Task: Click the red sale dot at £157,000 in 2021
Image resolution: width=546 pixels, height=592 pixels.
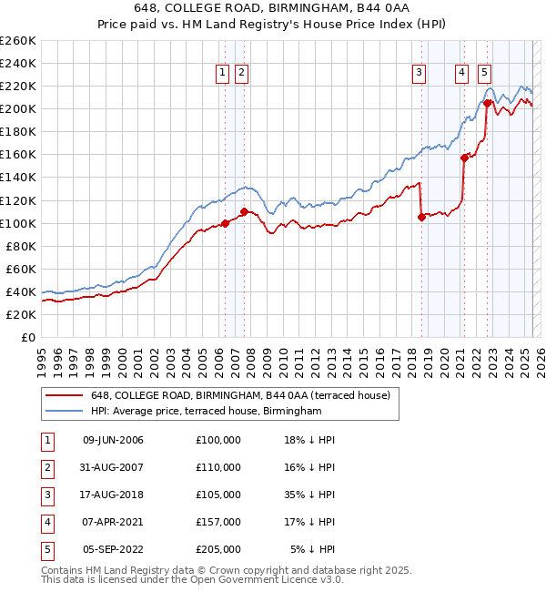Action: tap(464, 158)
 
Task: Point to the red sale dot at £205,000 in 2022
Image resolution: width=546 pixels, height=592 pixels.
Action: tap(487, 103)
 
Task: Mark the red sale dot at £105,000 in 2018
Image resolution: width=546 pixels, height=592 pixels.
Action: tap(421, 217)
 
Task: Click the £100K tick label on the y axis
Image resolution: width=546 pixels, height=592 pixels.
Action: tap(17, 223)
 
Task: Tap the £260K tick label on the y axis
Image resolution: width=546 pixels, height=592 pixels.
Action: tap(17, 41)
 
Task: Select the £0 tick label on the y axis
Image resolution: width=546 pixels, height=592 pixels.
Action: tap(27, 337)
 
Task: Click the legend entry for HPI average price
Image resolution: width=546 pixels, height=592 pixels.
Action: tap(206, 412)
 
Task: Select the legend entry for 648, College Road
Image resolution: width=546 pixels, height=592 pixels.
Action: tap(240, 395)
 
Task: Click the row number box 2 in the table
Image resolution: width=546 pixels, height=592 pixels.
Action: tap(45, 467)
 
